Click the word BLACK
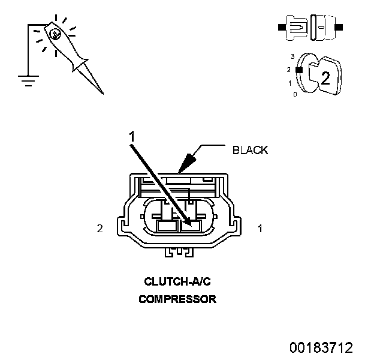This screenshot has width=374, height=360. [250, 150]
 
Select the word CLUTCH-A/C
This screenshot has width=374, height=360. [177, 281]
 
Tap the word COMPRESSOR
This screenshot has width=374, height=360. [177, 299]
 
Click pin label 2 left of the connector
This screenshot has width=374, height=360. [99, 228]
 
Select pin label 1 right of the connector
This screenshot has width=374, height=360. [260, 228]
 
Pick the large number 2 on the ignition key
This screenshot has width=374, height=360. [325, 77]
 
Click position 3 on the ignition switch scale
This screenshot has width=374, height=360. [292, 56]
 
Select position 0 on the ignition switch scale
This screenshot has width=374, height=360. [294, 95]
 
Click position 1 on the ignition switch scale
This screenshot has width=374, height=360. [291, 83]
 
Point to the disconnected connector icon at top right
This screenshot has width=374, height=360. [309, 28]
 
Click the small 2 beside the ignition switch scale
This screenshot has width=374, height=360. [291, 70]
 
